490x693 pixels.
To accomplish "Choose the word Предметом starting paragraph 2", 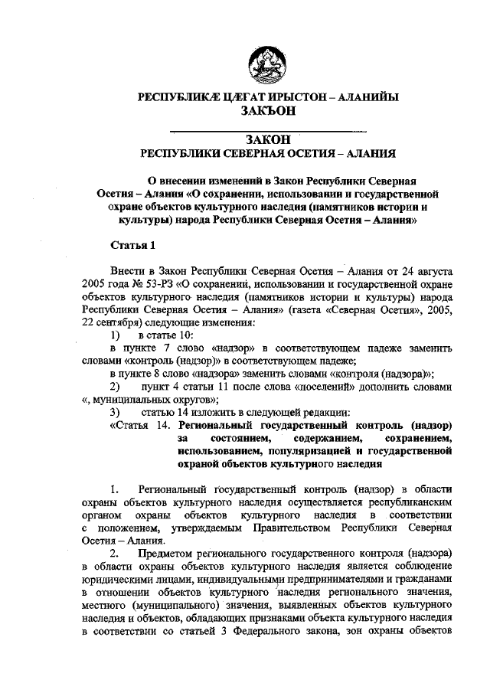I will [x=175, y=554].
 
